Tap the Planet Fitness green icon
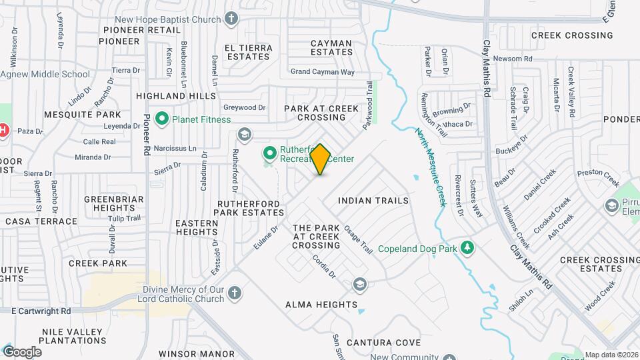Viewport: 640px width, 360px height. [x=161, y=119]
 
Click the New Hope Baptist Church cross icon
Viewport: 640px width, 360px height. [x=231, y=18]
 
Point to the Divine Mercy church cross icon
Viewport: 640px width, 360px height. [x=234, y=293]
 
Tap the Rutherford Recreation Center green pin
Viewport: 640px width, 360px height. [x=270, y=154]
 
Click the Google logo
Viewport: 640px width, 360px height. [x=21, y=352]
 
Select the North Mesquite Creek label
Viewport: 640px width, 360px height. [x=430, y=167]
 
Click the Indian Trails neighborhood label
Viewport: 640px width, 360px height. [x=373, y=200]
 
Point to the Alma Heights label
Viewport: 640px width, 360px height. [x=321, y=305]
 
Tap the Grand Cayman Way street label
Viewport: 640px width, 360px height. [x=322, y=71]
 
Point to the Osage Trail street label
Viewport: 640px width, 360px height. [x=358, y=239]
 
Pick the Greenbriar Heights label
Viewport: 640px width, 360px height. [x=110, y=203]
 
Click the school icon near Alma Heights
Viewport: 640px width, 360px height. [x=360, y=285]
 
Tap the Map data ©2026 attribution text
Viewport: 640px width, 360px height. [x=611, y=355]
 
